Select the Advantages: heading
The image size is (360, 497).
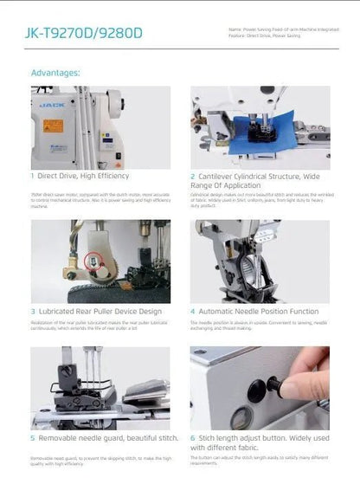pyautogui.click(x=55, y=73)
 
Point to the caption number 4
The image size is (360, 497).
pyautogui.click(x=193, y=310)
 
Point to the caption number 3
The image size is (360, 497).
pyautogui.click(x=34, y=310)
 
